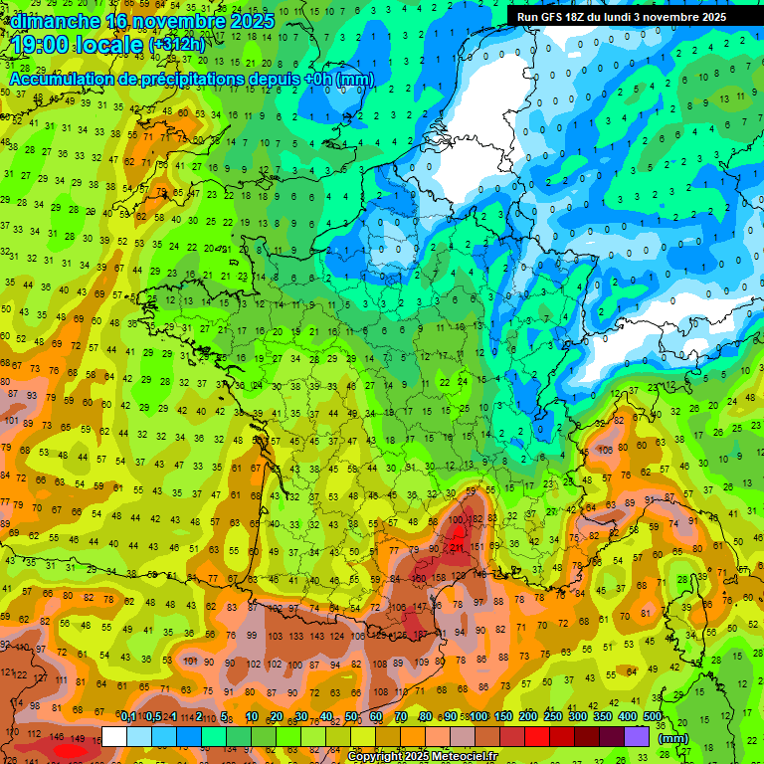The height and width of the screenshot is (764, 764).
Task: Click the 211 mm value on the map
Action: [x=457, y=546]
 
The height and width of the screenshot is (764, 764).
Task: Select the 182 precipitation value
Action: [x=477, y=519]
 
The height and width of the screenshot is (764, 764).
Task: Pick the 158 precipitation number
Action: [x=438, y=577]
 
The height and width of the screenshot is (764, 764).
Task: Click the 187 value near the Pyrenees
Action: [x=422, y=634]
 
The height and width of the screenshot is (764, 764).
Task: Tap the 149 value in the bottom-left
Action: [x=80, y=738]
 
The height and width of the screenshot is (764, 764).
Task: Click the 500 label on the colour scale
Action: [x=653, y=717]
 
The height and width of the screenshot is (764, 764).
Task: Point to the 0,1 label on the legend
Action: [x=128, y=717]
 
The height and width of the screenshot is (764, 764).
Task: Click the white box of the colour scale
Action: [x=115, y=736]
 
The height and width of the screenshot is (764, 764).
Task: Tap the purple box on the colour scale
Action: [x=637, y=736]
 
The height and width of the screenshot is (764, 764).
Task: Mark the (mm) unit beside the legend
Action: [x=673, y=738]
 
